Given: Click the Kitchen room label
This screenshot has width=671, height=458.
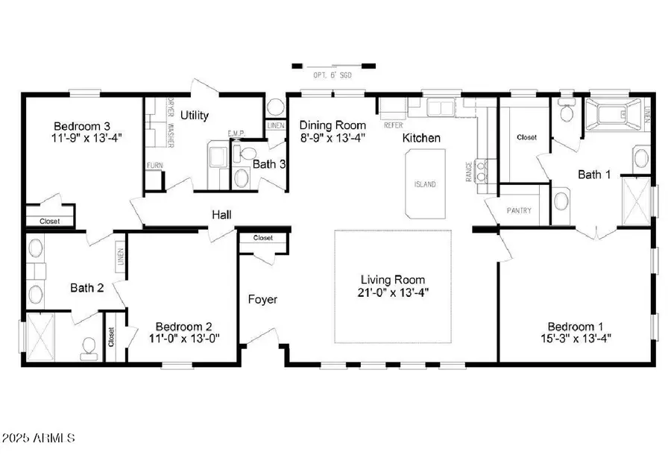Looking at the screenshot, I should coord(421,138).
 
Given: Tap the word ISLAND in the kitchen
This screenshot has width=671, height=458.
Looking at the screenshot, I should coord(426,184).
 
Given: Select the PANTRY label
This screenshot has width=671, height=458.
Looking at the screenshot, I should coord(518,210).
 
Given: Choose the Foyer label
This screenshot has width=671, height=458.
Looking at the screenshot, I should coord(262,300).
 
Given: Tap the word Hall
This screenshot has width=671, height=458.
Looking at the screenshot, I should coord(221,215).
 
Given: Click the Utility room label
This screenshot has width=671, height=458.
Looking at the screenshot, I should coord(194,116).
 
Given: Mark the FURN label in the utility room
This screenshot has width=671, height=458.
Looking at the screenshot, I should coord(154,166).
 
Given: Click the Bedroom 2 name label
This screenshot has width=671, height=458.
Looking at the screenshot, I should coord(183,327).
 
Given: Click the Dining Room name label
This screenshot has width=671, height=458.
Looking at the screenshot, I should coord(333,125).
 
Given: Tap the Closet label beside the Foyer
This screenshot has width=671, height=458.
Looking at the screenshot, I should coord(262,238).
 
